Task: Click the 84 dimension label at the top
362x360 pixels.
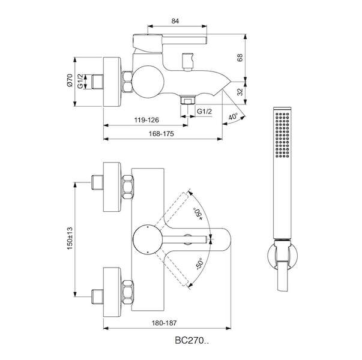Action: (x=175, y=21)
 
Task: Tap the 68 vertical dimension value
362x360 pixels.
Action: (x=240, y=58)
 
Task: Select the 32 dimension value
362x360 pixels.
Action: (x=240, y=92)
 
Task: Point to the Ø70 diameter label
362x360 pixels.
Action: (x=70, y=80)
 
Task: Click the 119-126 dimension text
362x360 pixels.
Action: (x=146, y=120)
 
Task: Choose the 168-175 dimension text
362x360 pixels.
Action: (x=161, y=134)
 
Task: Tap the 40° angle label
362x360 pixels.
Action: (x=233, y=117)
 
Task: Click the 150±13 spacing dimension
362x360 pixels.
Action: (x=70, y=238)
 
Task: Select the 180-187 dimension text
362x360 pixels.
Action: (x=164, y=323)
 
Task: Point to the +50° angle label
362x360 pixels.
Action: (x=198, y=214)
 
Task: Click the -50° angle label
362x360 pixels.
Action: (x=199, y=264)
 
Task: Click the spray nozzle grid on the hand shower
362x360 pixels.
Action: (x=282, y=135)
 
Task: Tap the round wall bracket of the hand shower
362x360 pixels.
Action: (x=282, y=256)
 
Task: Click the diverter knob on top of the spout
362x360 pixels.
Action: (x=187, y=62)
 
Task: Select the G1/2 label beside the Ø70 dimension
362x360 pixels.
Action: (x=80, y=81)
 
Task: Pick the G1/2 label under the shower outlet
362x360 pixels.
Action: (x=204, y=112)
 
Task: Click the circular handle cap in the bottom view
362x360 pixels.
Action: (x=148, y=239)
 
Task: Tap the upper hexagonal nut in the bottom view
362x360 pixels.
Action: (x=127, y=187)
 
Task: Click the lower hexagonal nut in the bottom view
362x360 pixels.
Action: (x=127, y=292)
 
